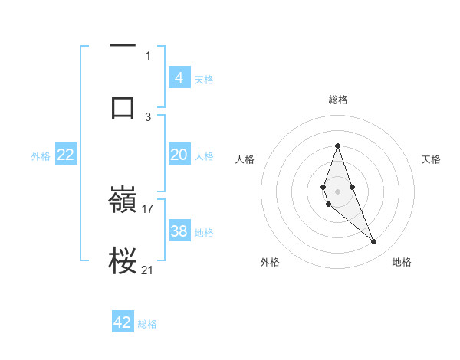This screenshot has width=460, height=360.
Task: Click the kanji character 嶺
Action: pyautogui.click(x=123, y=201)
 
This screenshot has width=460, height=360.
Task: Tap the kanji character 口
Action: pyautogui.click(x=123, y=106)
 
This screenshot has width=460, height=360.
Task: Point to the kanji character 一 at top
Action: pyautogui.click(x=123, y=46)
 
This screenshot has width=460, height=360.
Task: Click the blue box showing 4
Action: pyautogui.click(x=179, y=78)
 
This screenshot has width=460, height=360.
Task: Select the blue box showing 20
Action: pyautogui.click(x=179, y=155)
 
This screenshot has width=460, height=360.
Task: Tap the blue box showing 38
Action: pyautogui.click(x=179, y=231)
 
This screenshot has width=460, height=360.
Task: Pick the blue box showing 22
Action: pyautogui.click(x=66, y=155)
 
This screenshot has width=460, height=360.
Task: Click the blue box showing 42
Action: pyautogui.click(x=123, y=322)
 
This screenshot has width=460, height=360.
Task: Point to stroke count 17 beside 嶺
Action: pyautogui.click(x=148, y=208)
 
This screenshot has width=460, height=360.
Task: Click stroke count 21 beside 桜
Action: pyautogui.click(x=148, y=269)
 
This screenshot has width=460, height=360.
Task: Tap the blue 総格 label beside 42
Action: pyautogui.click(x=147, y=324)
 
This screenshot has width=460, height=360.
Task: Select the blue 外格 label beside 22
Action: pyautogui.click(x=41, y=156)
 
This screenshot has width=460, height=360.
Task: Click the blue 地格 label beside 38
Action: pyautogui.click(x=204, y=233)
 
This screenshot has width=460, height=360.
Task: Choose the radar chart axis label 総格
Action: pyautogui.click(x=337, y=100)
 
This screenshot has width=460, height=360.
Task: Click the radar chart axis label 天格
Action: pyautogui.click(x=431, y=159)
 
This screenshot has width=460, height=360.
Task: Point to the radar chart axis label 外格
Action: pyautogui.click(x=269, y=262)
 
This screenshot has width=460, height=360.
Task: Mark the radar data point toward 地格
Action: pyautogui.click(x=374, y=242)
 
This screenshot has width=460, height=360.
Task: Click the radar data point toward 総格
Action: pyautogui.click(x=337, y=146)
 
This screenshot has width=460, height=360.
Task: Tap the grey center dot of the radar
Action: pyautogui.click(x=337, y=191)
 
